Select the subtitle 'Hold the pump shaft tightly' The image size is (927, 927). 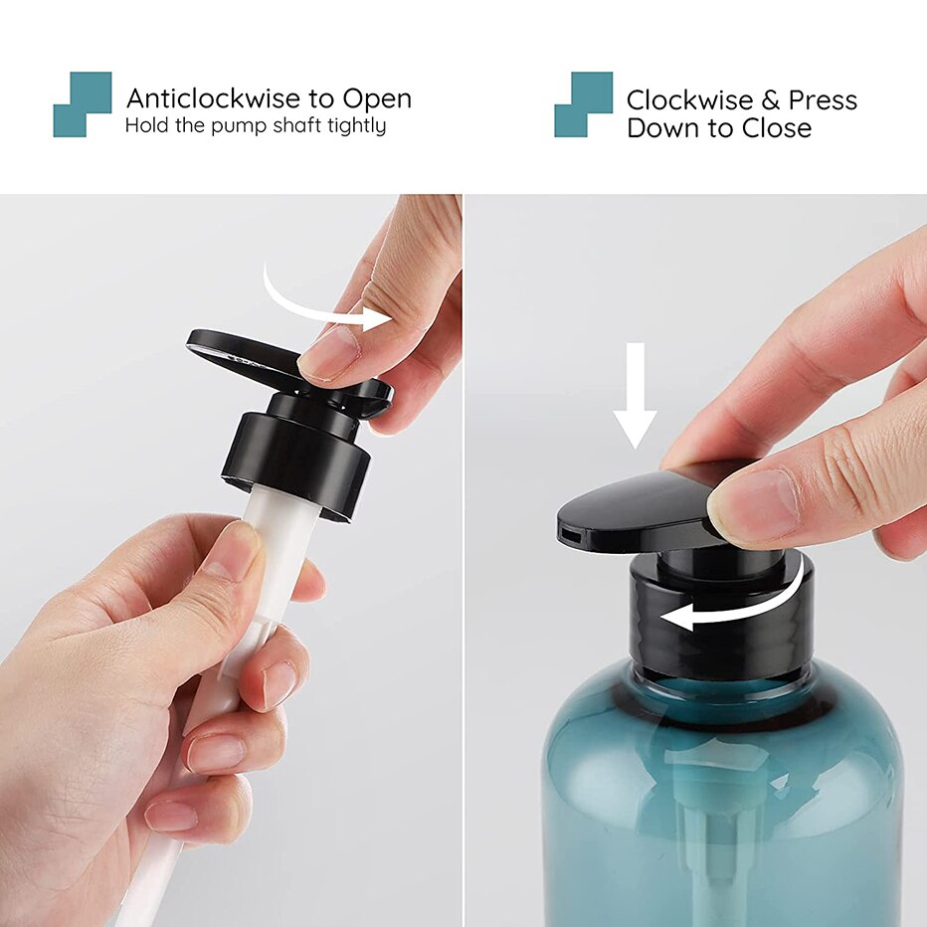[x=256, y=126]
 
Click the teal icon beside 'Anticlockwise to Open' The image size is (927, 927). [x=82, y=103]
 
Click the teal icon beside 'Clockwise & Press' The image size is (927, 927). [x=583, y=103]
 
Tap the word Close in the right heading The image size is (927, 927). [x=777, y=128]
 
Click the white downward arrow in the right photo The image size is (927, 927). [x=635, y=394]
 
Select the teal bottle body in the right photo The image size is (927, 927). [x=721, y=796]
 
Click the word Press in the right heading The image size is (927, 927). [x=823, y=100]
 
